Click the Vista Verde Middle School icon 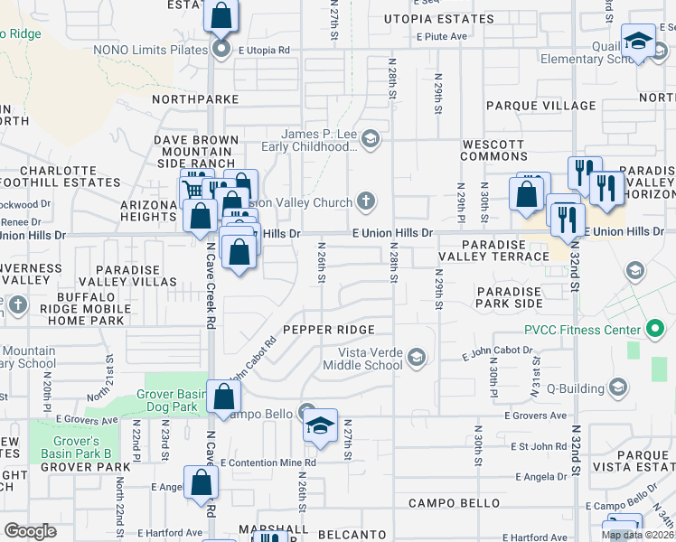tap(416, 359)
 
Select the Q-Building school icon tap(618, 388)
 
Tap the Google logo tap(30, 530)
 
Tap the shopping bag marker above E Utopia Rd tap(221, 16)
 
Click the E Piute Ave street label tap(441, 36)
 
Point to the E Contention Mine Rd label tap(268, 463)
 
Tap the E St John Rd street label tap(539, 446)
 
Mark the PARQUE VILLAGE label tap(540, 106)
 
